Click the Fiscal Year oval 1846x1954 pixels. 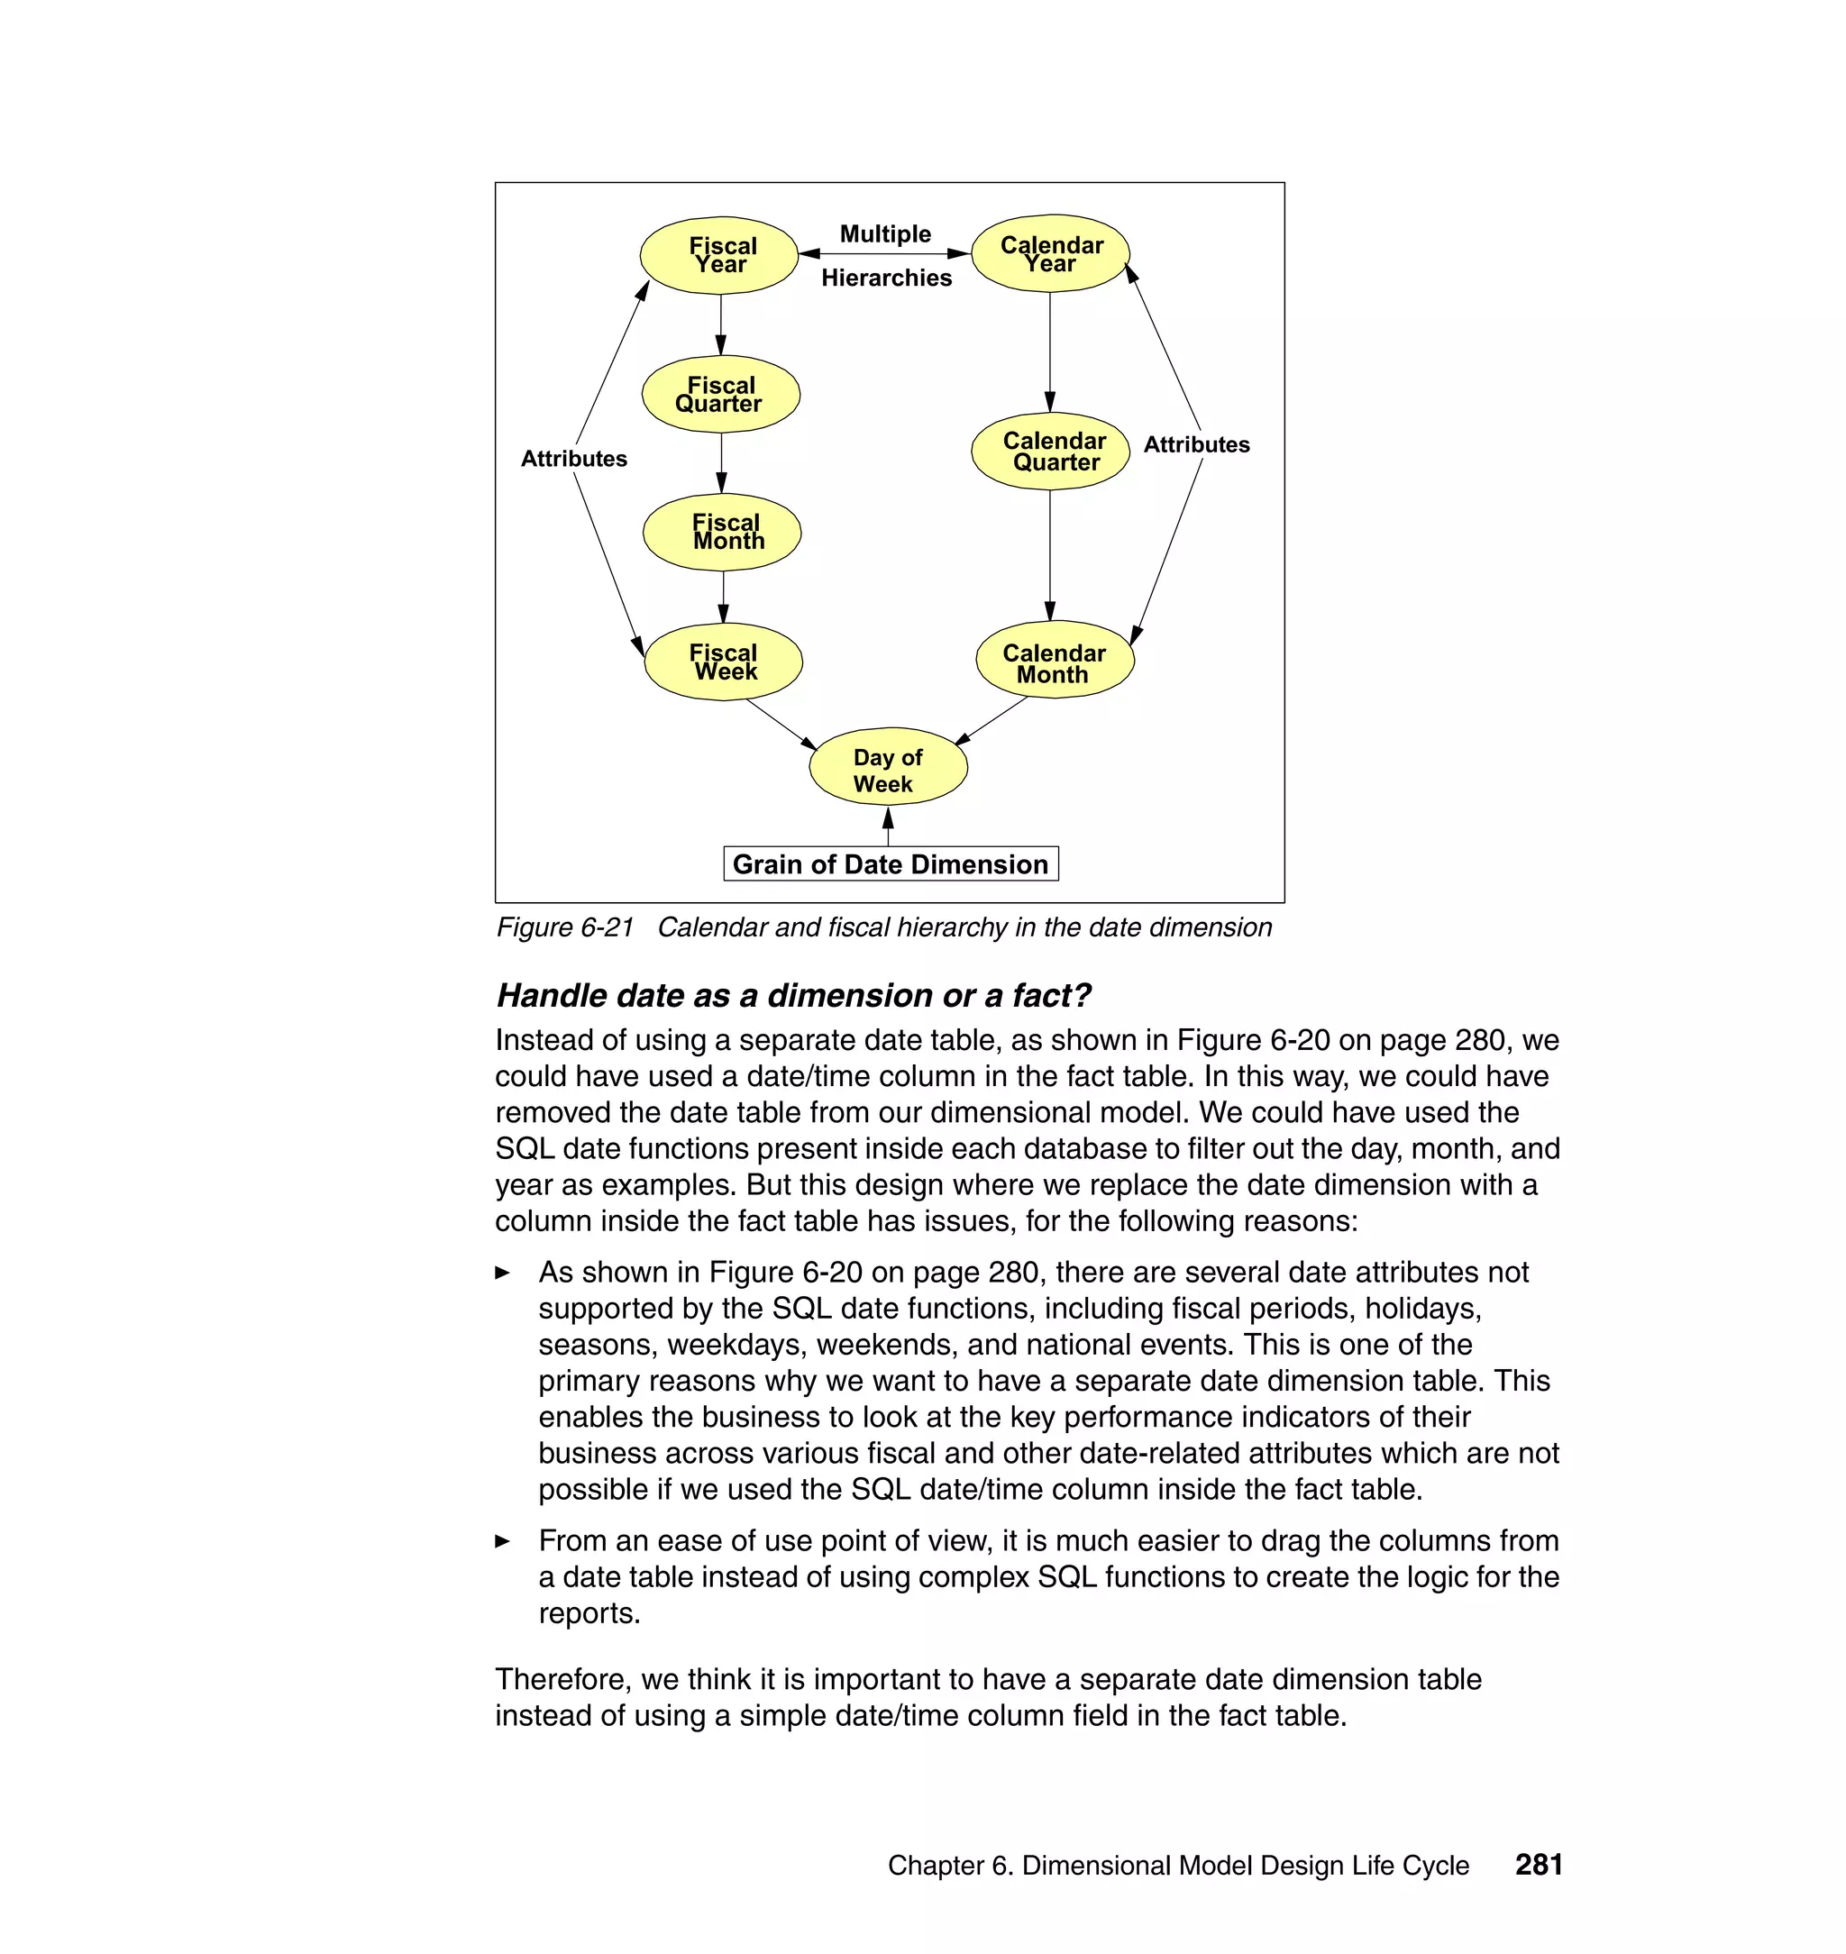pos(718,255)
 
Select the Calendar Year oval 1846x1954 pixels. pos(1050,254)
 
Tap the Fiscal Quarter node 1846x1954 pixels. pos(720,394)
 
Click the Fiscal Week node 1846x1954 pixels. pos(723,662)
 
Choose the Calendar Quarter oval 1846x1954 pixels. pos(1050,451)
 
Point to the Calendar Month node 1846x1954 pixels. pos(1055,660)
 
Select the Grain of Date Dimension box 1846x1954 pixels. pos(891,863)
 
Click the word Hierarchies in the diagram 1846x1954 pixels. pos(887,278)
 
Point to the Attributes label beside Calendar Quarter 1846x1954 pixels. pos(1195,444)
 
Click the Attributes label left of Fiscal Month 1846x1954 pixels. pos(573,459)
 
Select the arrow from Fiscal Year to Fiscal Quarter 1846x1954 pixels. pos(720,324)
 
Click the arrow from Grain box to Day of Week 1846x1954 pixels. pos(888,827)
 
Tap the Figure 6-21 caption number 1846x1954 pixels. pos(565,927)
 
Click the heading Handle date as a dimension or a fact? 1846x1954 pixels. pos(793,996)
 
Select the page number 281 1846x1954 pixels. pos(1538,1865)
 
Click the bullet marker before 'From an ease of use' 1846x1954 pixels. pos(503,1542)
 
